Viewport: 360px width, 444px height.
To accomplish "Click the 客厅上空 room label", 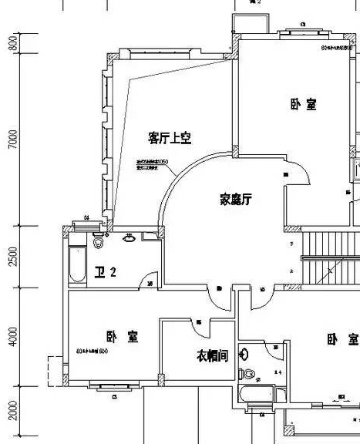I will point(170,138).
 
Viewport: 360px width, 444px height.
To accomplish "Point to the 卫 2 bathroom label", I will point(105,271).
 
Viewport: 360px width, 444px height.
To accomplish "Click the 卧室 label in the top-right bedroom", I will point(303,104).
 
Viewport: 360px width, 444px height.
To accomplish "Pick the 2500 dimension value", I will point(12,257).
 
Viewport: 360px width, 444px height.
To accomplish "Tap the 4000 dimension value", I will point(12,336).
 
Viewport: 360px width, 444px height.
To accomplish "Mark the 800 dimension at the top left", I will point(12,43).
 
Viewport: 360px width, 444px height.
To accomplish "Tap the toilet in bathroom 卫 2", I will point(98,242).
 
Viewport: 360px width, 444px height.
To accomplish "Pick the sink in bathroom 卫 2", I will point(130,238).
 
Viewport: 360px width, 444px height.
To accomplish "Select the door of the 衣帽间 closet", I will point(199,327).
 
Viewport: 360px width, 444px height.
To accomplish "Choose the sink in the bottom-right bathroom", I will point(244,354).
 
